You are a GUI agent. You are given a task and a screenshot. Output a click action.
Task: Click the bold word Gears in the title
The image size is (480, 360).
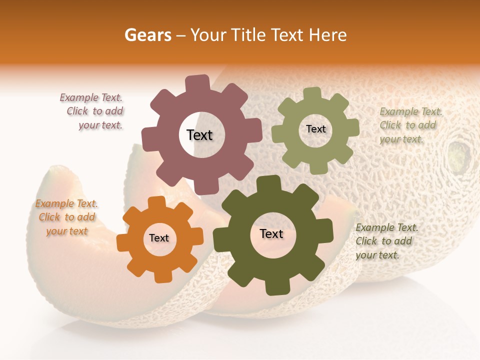point(147,35)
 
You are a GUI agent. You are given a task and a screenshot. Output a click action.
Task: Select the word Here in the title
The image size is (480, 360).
point(328,35)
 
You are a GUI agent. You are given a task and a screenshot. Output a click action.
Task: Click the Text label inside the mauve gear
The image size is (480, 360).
point(199,135)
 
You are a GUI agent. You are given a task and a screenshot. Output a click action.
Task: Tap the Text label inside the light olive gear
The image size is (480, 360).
point(315,129)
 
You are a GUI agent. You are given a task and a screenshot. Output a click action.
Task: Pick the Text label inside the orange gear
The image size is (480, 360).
point(159,238)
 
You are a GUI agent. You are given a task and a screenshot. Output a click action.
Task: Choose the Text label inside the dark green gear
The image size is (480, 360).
point(271,234)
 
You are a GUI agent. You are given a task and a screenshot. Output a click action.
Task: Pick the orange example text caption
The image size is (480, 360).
point(66,217)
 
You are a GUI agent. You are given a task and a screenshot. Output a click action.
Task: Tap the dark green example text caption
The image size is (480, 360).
point(386,241)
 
